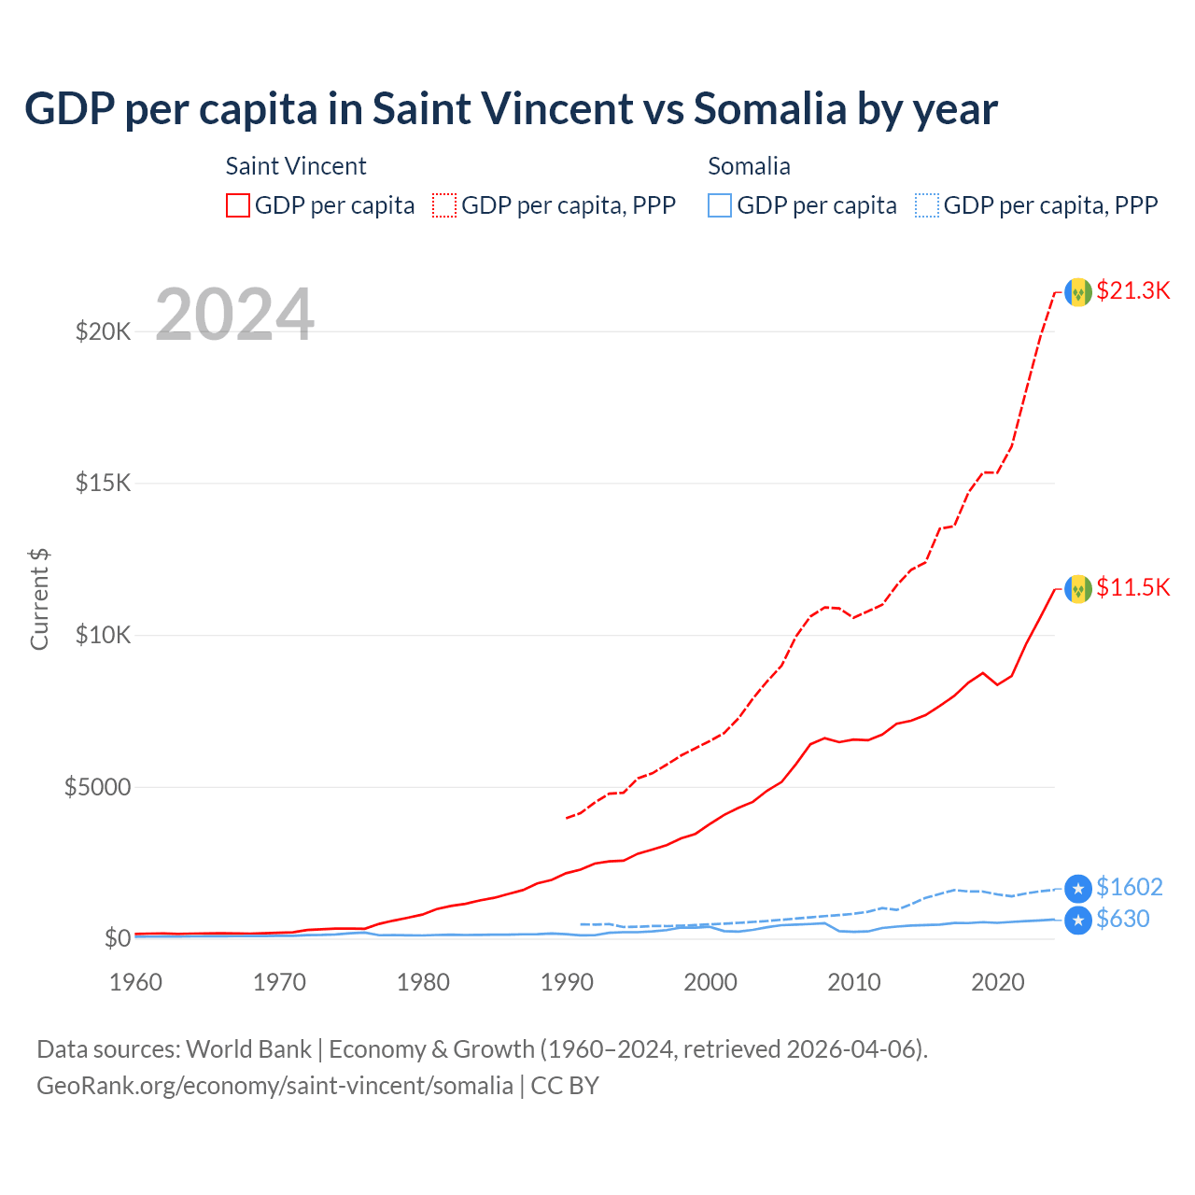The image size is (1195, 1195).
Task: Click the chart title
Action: click(511, 109)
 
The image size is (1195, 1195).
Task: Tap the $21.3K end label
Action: click(1132, 290)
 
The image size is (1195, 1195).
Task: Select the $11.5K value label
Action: click(1132, 587)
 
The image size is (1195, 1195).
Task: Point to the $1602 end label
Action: click(1129, 887)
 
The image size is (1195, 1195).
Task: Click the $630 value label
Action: click(1122, 919)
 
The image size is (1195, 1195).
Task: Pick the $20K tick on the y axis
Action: click(103, 331)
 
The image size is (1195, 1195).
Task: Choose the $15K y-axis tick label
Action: click(103, 484)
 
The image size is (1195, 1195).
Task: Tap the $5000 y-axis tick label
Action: click(97, 787)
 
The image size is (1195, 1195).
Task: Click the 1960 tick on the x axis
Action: click(136, 982)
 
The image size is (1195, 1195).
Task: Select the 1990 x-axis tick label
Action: click(568, 982)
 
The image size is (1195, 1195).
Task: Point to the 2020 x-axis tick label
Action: click(998, 982)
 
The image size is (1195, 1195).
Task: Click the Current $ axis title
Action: click(39, 599)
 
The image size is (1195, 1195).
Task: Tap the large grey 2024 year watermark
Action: click(234, 315)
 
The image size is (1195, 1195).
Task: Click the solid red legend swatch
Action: click(238, 205)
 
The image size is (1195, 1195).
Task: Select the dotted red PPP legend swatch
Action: click(444, 205)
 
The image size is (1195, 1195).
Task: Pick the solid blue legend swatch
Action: click(720, 205)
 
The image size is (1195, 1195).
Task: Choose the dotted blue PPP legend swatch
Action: click(927, 205)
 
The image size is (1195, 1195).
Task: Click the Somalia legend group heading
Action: click(749, 166)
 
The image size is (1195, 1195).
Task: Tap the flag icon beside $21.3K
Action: click(1078, 292)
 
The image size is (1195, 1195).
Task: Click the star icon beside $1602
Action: click(1078, 889)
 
